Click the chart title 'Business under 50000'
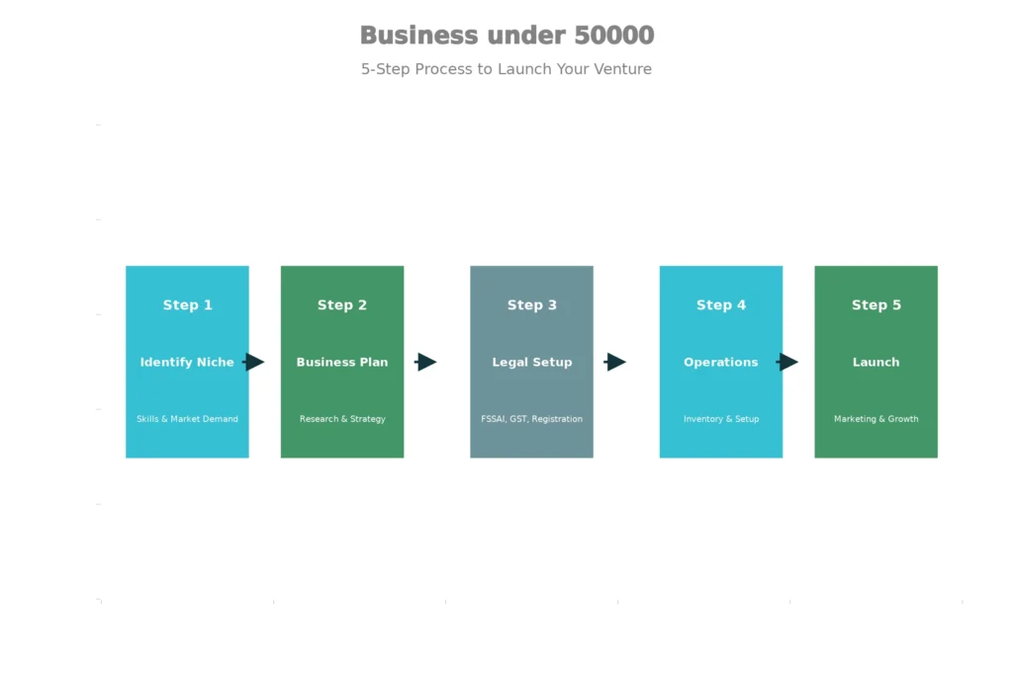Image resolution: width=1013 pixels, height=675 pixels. point(506,36)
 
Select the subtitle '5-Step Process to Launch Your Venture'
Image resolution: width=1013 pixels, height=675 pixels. point(506,69)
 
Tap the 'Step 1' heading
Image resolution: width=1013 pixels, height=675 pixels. point(187,305)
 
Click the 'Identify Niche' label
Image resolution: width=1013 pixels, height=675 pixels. point(187,363)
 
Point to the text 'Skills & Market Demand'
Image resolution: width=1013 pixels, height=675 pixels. point(187,419)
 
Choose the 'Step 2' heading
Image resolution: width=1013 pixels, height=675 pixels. point(342,305)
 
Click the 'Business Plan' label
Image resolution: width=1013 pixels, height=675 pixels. point(342,363)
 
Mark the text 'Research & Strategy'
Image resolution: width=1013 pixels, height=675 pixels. point(342,419)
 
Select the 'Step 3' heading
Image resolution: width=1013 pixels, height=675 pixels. point(531,305)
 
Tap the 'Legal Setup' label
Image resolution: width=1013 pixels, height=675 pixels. point(531,363)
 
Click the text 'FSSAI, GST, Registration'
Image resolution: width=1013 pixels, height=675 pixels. point(531,419)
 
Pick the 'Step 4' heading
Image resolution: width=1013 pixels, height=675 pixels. point(721,305)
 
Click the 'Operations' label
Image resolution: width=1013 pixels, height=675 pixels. point(721,363)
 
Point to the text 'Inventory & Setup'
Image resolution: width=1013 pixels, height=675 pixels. point(721,419)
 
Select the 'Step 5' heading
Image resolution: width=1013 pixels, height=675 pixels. point(875,305)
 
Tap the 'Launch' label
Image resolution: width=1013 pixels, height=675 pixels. point(875,363)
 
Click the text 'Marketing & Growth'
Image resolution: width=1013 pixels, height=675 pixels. point(875,419)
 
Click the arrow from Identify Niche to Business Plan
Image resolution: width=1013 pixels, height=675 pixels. point(254,362)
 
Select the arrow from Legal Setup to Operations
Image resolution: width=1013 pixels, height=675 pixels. point(615,362)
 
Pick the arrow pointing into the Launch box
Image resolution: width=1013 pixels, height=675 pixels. point(787,362)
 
